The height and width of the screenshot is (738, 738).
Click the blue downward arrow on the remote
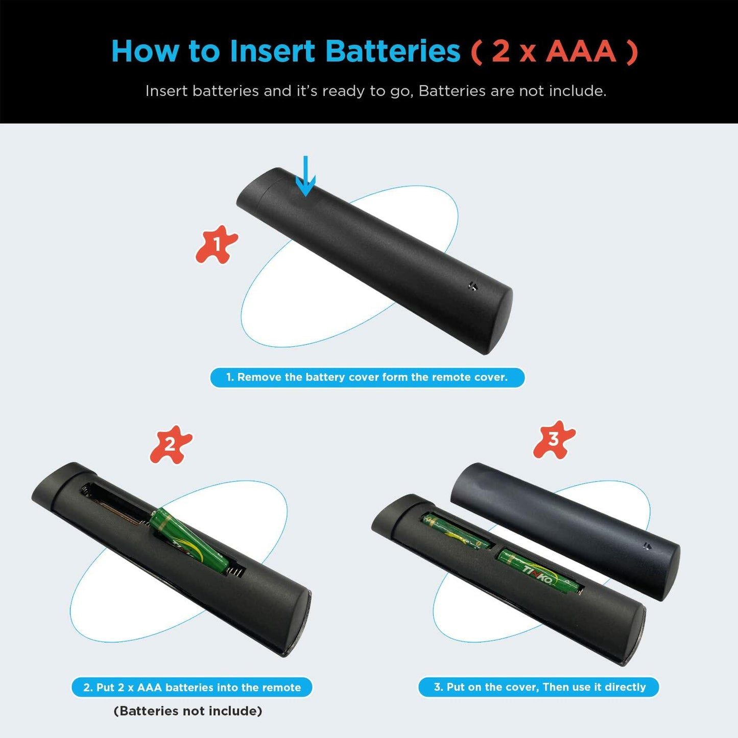[x=305, y=176]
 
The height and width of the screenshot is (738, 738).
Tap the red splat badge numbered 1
[x=217, y=244]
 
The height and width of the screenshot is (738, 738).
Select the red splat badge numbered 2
[x=171, y=444]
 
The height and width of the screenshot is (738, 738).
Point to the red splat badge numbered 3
[x=554, y=440]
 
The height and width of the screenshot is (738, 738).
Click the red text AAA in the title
[x=581, y=51]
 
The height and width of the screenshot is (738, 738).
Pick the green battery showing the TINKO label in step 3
[x=539, y=570]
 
